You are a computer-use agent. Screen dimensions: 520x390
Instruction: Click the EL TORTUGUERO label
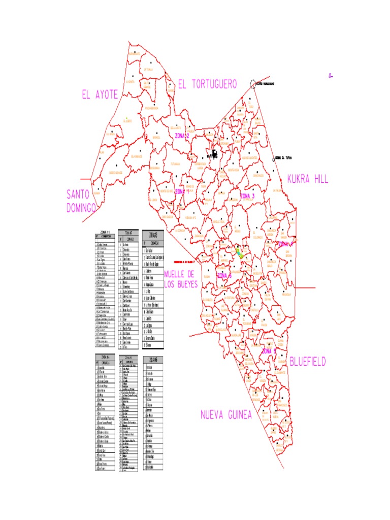point(207,85)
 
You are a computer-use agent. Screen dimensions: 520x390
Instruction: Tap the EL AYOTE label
point(100,94)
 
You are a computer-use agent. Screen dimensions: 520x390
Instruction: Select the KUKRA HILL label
point(308,179)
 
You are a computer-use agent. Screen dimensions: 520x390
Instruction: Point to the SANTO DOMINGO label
point(81,201)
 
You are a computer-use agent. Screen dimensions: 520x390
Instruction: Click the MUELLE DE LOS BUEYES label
point(180,279)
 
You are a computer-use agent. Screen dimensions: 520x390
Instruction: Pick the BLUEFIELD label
point(308,362)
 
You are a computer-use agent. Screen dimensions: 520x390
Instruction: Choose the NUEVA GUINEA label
point(226,415)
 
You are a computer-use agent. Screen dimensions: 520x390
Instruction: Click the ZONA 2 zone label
point(182,136)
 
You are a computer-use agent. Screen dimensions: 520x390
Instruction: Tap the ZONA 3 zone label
point(247,196)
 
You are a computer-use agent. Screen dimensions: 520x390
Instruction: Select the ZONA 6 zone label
point(224,275)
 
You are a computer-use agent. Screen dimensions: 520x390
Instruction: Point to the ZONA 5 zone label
point(269,351)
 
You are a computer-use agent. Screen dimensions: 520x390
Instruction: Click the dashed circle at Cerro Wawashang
point(253,84)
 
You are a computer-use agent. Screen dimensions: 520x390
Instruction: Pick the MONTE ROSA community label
point(234,170)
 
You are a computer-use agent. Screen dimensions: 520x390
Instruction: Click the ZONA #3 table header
point(154,235)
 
